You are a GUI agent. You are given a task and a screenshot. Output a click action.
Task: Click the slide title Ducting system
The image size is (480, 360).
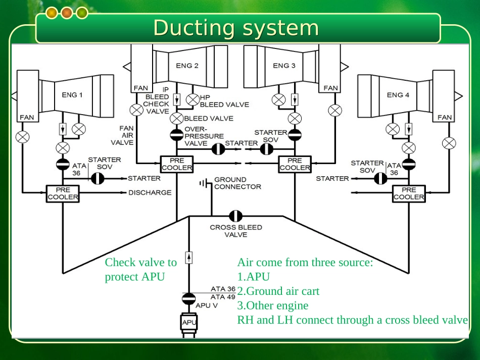(x=236, y=28)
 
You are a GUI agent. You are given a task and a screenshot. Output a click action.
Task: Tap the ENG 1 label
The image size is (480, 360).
(x=72, y=94)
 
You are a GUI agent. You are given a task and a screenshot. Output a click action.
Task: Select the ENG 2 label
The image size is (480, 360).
(x=187, y=65)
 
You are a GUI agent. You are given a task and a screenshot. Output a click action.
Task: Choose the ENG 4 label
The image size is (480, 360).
(x=398, y=94)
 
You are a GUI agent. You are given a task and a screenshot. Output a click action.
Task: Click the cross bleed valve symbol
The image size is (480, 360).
(x=235, y=216)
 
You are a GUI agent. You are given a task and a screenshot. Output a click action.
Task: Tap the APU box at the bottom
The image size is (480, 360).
(x=189, y=322)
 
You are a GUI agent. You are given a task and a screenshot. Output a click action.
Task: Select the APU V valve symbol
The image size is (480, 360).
(x=189, y=298)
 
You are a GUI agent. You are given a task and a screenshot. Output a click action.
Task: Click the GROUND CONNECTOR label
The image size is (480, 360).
(x=237, y=183)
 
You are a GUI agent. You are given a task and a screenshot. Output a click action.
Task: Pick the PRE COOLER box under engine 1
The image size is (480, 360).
(x=63, y=193)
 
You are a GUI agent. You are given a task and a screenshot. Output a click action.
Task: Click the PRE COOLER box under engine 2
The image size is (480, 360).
(x=177, y=164)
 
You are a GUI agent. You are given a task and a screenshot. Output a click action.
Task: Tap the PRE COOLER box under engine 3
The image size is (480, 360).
(x=295, y=164)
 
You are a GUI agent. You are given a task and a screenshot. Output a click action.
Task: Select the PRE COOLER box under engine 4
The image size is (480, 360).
(x=409, y=193)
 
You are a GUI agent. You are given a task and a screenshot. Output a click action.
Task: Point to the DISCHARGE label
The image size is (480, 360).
(x=150, y=192)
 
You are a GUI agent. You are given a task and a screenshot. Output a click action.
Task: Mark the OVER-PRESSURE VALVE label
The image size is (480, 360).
(x=204, y=136)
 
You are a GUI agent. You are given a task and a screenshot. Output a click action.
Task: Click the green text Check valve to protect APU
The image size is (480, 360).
(x=140, y=269)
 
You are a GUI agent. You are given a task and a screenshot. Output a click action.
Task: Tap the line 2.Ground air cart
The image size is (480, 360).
(x=278, y=291)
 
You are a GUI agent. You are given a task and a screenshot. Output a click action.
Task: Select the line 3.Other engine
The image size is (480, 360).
(x=273, y=305)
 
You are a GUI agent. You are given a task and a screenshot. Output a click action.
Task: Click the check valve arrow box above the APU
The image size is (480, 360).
(x=189, y=258)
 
